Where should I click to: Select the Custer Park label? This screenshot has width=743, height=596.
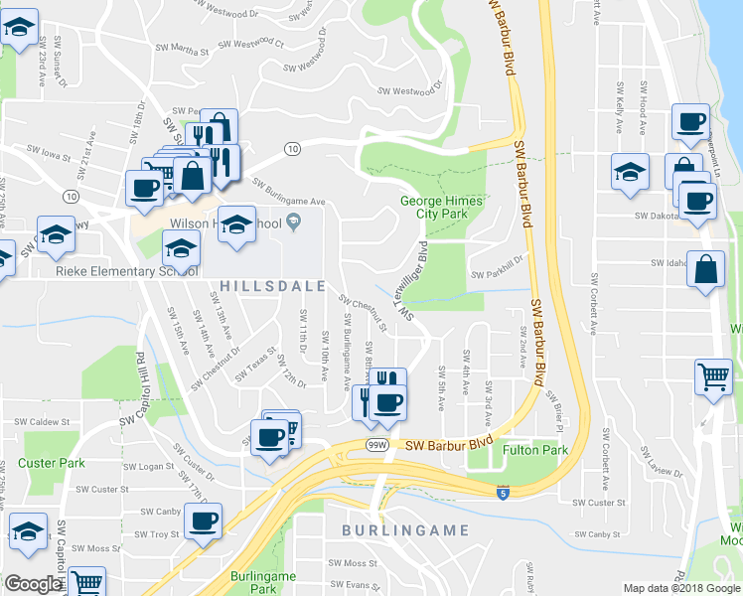(52, 463)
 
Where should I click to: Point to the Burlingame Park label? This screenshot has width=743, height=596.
(251, 582)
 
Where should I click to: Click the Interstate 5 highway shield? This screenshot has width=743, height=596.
(504, 492)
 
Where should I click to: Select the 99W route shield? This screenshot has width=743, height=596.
(375, 442)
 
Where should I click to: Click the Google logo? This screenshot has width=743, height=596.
(33, 584)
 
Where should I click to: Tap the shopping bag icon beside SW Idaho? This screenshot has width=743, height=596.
(705, 270)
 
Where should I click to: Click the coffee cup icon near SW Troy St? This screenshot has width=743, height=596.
(203, 521)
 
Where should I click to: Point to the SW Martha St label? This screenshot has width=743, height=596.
(183, 48)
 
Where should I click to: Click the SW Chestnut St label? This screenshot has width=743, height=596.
(361, 308)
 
